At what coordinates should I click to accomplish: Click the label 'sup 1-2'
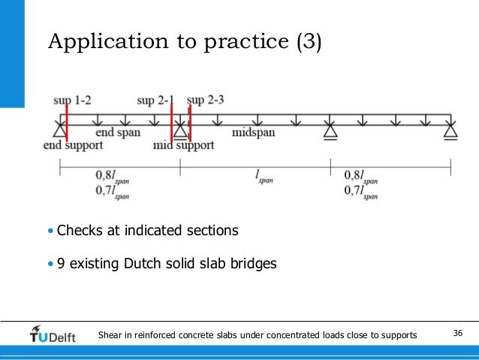pos(72,100)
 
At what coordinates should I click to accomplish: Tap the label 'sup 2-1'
pos(156,100)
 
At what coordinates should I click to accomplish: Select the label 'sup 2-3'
pos(205,100)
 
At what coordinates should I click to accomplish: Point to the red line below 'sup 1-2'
pos(66,124)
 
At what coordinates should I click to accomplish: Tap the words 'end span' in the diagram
pos(118,132)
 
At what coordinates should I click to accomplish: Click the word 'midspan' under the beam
pos(254,132)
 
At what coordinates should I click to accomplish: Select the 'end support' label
pos(73,145)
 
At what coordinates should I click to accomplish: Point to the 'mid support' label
pos(183,145)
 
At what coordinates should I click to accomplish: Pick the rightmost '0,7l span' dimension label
pos(360,193)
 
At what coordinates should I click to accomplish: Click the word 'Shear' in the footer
pos(110,334)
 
